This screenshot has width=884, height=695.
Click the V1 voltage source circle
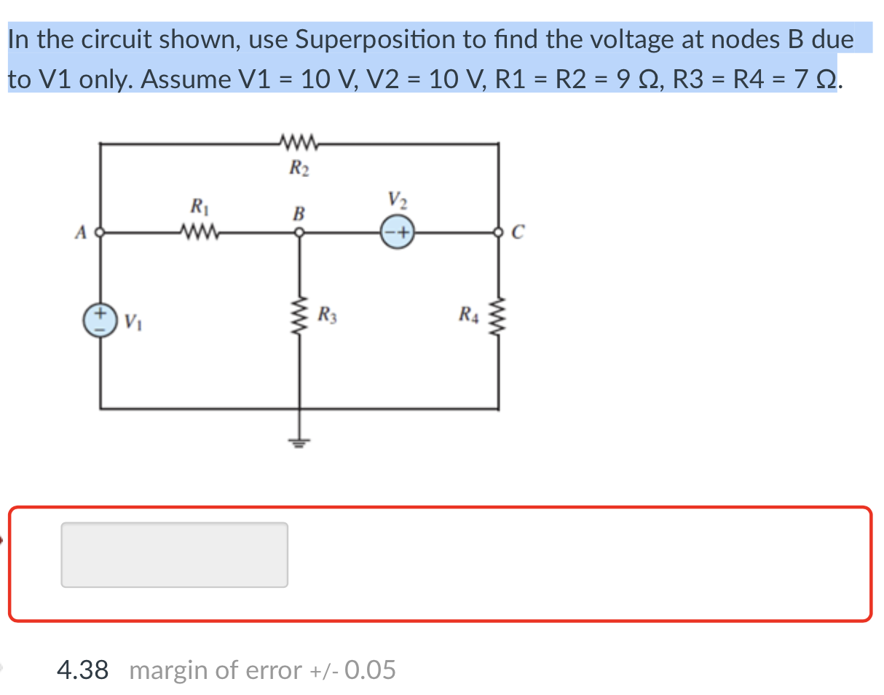100,321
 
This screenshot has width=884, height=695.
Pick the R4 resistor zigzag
499,318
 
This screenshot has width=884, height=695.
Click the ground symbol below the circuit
299,440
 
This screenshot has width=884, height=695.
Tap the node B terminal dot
299,234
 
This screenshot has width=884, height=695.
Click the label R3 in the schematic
327,316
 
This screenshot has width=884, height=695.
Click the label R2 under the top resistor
298,170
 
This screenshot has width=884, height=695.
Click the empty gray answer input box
174,554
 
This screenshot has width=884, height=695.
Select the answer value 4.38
82,670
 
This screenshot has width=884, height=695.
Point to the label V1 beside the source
132,321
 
